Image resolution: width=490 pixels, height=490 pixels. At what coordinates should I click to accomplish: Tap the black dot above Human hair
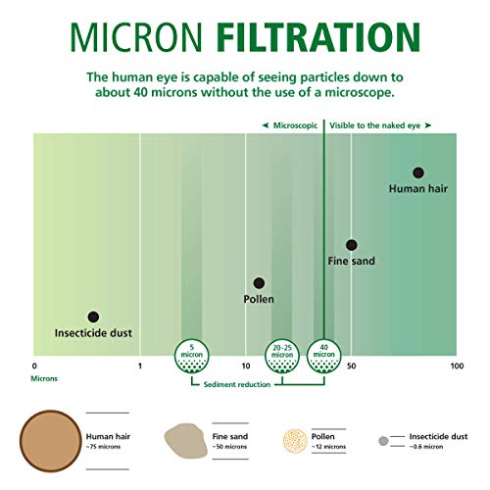[418, 172]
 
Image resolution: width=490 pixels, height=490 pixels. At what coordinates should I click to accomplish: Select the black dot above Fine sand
[351, 245]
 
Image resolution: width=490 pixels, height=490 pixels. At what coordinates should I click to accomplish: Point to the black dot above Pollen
[259, 283]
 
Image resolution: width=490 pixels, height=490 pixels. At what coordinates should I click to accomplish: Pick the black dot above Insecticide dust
[93, 318]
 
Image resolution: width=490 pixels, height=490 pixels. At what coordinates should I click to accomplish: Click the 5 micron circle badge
[193, 355]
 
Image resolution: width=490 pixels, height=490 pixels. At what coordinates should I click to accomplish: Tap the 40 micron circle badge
[323, 355]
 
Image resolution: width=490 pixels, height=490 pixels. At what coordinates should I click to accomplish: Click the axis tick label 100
[456, 366]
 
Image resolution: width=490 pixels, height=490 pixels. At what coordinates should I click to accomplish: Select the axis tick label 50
[351, 366]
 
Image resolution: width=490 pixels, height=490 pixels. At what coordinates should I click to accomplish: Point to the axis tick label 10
[245, 366]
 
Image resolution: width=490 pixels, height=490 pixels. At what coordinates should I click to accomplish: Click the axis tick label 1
[140, 366]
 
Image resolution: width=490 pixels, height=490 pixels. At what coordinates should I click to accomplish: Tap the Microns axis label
[44, 376]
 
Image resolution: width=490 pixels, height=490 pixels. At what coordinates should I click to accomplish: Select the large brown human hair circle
[51, 439]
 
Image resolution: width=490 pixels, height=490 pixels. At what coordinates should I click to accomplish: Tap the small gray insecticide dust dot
[383, 440]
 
